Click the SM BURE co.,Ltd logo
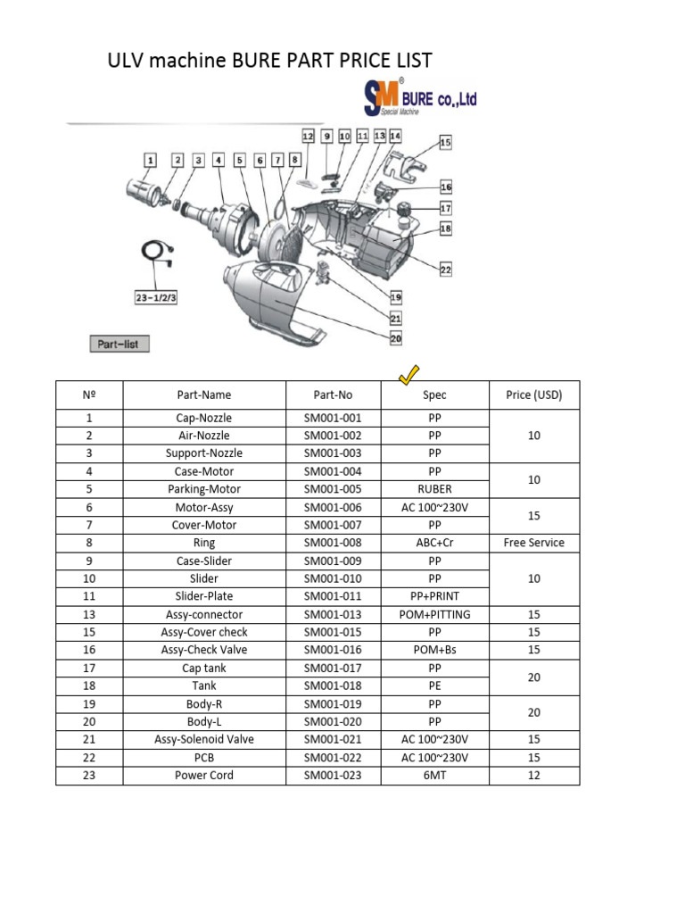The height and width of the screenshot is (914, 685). pyautogui.click(x=419, y=98)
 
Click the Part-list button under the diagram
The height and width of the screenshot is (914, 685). pyautogui.click(x=120, y=344)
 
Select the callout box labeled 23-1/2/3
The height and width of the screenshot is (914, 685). pyautogui.click(x=156, y=297)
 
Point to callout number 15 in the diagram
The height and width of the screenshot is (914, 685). pyautogui.click(x=445, y=142)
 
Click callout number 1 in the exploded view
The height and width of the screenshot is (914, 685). pyautogui.click(x=151, y=160)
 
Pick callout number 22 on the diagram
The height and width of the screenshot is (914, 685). pyautogui.click(x=445, y=270)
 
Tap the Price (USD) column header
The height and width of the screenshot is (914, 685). pyautogui.click(x=533, y=395)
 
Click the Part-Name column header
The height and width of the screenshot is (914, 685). pyautogui.click(x=203, y=395)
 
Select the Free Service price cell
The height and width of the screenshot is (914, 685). pyautogui.click(x=533, y=543)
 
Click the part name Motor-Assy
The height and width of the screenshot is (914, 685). pyautogui.click(x=203, y=507)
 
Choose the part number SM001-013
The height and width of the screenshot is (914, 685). pyautogui.click(x=333, y=614)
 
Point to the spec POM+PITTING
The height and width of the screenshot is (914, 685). pyautogui.click(x=434, y=614)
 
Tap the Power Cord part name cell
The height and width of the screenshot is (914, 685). pyautogui.click(x=203, y=775)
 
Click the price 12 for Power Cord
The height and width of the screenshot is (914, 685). pyautogui.click(x=533, y=775)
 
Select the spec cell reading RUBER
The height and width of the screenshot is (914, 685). pyautogui.click(x=434, y=489)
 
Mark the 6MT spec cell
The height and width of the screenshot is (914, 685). pyautogui.click(x=434, y=775)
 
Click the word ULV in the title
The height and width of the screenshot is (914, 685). pyautogui.click(x=128, y=61)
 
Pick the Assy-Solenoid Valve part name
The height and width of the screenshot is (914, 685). pyautogui.click(x=203, y=739)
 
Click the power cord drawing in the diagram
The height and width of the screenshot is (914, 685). pyautogui.click(x=157, y=254)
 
